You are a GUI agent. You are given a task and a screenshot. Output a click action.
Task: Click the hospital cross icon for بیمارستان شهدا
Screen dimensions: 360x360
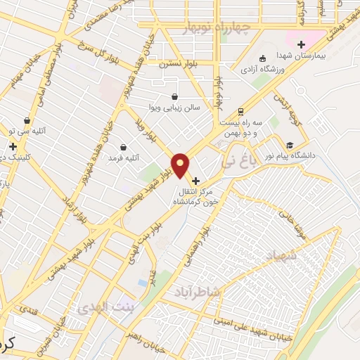click(x=301, y=44)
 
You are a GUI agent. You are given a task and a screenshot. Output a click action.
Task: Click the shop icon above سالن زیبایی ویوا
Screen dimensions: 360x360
click(x=174, y=96)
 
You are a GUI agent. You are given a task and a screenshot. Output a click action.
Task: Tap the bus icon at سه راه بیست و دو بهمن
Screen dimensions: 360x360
click(x=240, y=111)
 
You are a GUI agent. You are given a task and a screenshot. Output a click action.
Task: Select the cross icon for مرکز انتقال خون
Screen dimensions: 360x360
click(x=195, y=181)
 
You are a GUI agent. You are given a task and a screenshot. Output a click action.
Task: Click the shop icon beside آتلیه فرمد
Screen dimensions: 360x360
click(x=124, y=148)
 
